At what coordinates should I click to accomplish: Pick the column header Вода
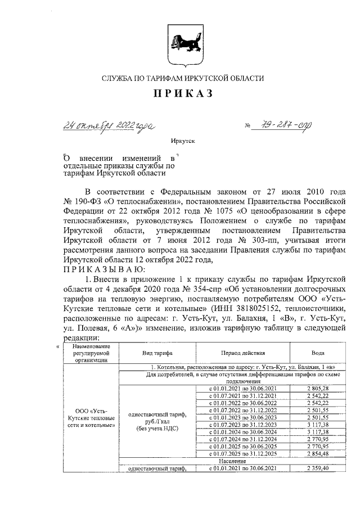317,353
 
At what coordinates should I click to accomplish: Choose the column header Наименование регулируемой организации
90,353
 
